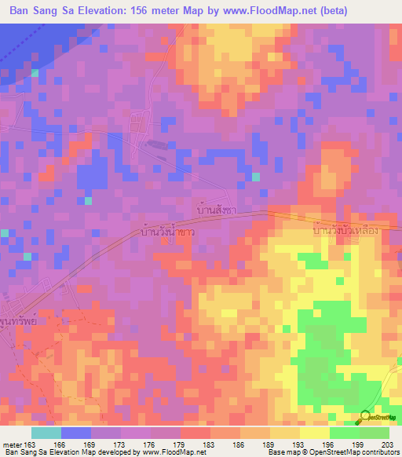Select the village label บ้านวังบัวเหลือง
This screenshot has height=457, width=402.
[346, 232]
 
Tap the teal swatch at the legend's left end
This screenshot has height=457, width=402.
[46, 432]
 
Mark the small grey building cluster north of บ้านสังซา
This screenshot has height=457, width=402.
[157, 144]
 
